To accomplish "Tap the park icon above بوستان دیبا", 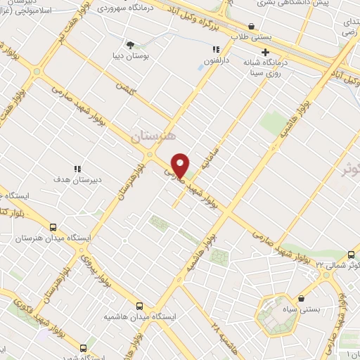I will [x=130, y=44].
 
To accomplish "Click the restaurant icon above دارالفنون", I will [x=217, y=49].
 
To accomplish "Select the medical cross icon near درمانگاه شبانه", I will [x=266, y=53].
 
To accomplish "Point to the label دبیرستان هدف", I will [x=78, y=179].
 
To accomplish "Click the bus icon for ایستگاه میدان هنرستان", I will [x=53, y=227].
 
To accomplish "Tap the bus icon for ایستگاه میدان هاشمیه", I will [x=140, y=307].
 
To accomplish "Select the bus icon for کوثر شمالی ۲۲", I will [x=351, y=255].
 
